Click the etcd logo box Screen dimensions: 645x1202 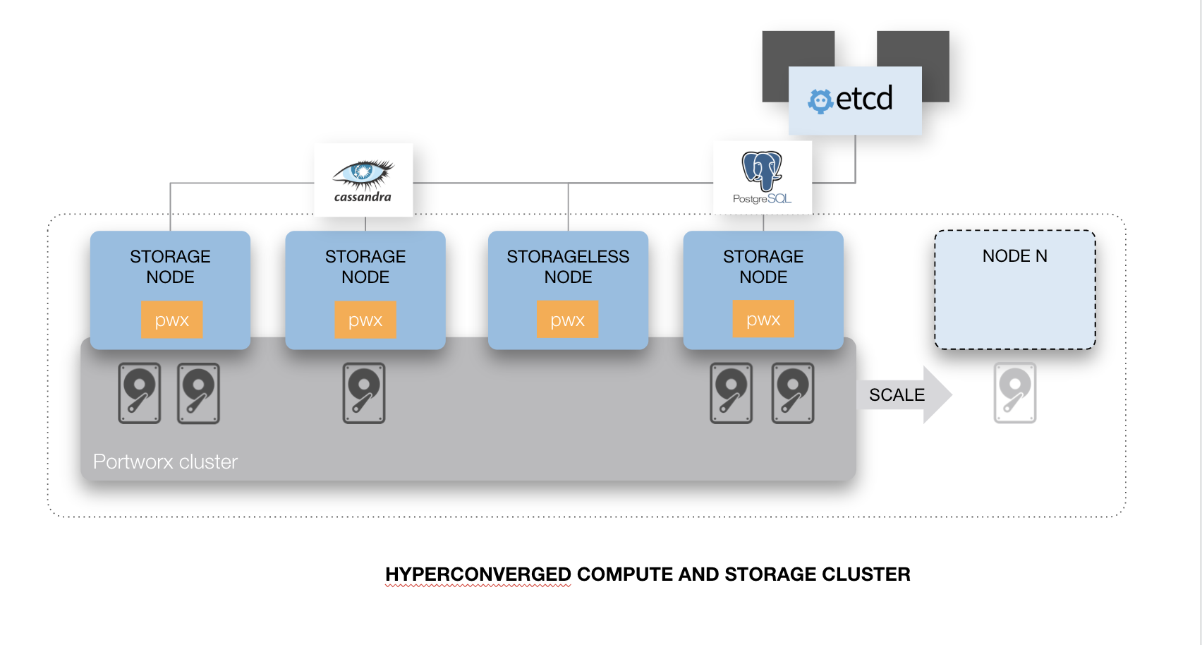854,100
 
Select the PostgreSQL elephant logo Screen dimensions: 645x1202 762,171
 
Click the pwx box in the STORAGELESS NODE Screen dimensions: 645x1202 568,320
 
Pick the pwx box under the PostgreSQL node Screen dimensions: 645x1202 763,320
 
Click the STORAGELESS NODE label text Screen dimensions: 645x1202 568,267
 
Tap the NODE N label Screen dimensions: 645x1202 1014,256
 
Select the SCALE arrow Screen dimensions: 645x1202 905,394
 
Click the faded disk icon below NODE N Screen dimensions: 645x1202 1014,393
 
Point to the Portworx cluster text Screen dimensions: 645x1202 165,462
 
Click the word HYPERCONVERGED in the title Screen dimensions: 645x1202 478,574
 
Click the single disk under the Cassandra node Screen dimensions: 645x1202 364,393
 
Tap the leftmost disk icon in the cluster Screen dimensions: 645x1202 140,393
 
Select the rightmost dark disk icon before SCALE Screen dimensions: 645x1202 793,393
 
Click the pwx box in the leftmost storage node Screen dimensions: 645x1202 171,320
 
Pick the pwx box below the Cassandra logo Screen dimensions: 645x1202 365,320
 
